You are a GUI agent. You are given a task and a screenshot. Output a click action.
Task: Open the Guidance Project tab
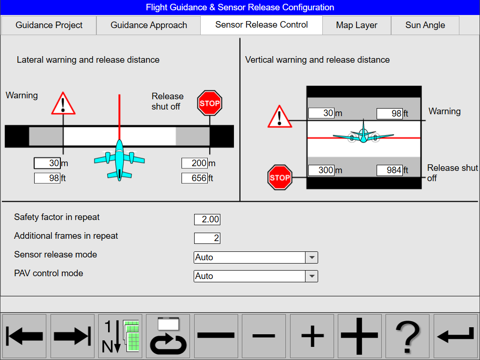coord(49,25)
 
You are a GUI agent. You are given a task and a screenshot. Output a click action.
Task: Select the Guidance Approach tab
coord(149,25)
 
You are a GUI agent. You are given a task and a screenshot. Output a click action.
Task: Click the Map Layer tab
coord(356,25)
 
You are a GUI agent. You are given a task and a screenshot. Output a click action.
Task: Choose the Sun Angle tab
coord(425,25)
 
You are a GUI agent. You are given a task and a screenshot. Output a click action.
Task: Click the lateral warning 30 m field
coord(47,163)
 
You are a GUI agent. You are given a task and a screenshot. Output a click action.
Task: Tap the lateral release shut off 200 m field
coord(195,163)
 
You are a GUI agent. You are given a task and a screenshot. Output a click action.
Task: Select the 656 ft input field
coord(195,178)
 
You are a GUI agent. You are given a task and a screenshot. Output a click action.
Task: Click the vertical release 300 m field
coord(321,170)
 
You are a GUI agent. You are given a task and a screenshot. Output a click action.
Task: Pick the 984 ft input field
coord(390,170)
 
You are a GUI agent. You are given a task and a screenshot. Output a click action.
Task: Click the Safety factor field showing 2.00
coord(207,220)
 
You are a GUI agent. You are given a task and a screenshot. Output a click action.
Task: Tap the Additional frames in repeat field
coord(207,238)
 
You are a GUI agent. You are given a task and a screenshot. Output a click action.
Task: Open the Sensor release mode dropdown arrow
coord(312,257)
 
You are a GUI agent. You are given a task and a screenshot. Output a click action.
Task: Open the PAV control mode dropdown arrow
coord(312,276)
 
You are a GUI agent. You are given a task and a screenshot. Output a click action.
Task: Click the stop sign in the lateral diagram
coord(210,103)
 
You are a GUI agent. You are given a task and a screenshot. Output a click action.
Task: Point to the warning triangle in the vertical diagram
coord(280,117)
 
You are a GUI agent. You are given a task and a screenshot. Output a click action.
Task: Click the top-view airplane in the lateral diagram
coord(119,159)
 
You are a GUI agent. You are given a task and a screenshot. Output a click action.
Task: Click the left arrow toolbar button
coord(25,336)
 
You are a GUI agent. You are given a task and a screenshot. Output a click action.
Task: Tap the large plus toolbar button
coord(359,336)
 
